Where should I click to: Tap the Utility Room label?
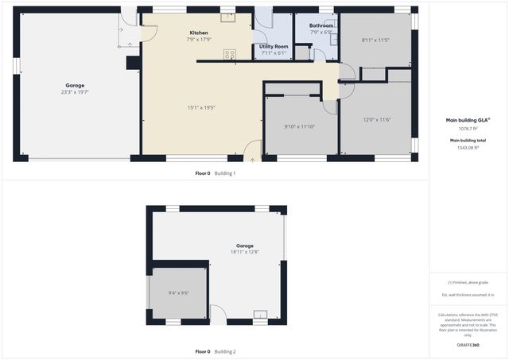coord(274,46)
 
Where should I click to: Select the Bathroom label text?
coord(321,25)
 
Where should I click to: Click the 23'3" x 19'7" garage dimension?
coord(75,92)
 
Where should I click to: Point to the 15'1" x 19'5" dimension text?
coord(201,107)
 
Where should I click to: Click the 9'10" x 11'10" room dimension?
coord(300,126)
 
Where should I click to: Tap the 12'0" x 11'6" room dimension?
coord(377,120)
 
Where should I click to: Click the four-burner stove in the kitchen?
coord(230,54)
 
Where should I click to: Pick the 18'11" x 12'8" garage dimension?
coord(245,252)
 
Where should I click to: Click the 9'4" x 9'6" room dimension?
coord(179,293)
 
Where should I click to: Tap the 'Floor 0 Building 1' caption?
coord(216,172)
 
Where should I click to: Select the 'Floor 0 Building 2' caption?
coord(216,351)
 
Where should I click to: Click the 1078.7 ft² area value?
coord(468,128)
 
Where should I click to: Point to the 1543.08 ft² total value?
coord(468,148)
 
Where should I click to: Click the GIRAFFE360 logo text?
coord(468,345)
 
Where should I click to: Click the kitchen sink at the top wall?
coord(228,16)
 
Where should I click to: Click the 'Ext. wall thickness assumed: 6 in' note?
coord(468,295)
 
